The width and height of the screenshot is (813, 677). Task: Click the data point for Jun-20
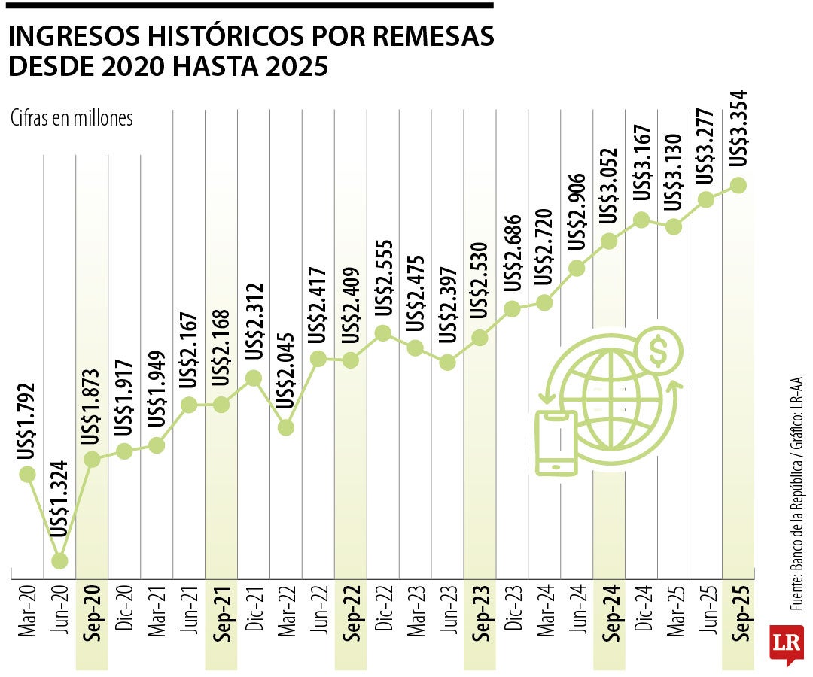point(59,560)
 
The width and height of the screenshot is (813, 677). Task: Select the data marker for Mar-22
point(286,427)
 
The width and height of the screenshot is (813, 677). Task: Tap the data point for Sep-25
point(738,185)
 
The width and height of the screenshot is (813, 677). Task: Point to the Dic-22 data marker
point(382,333)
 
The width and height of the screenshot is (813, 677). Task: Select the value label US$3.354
point(739,128)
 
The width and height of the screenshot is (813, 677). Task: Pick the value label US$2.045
point(286,371)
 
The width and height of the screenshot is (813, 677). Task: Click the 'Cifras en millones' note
point(72,118)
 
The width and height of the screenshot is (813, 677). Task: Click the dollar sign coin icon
point(658,351)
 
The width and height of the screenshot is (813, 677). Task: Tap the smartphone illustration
point(556,443)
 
